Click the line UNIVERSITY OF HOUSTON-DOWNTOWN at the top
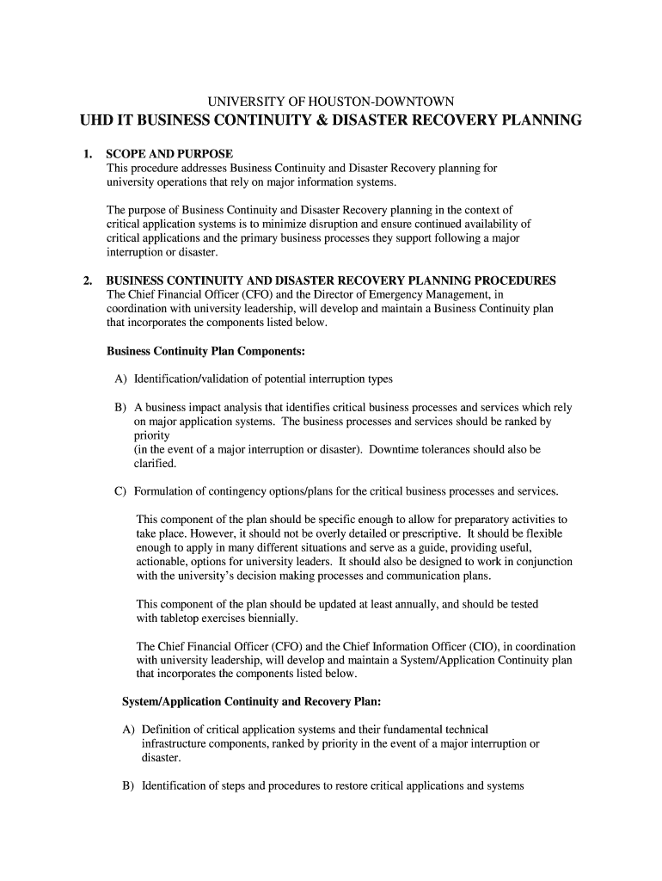click(x=331, y=101)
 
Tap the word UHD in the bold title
click(x=98, y=120)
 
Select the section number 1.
click(x=87, y=154)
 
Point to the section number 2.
click(x=87, y=280)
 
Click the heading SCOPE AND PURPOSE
click(x=169, y=154)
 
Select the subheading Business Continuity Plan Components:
click(x=205, y=351)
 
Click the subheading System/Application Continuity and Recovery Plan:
click(x=245, y=701)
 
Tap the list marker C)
click(x=120, y=491)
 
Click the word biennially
click(x=269, y=618)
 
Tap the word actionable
click(x=163, y=562)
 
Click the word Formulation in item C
click(x=163, y=491)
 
